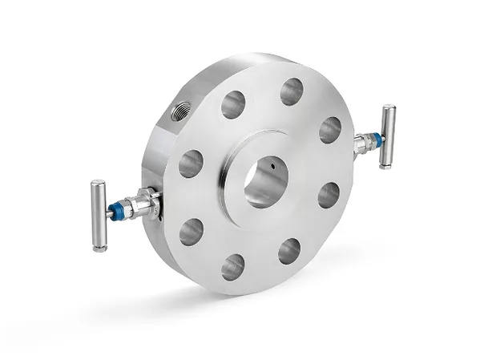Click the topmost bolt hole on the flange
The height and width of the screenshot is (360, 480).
point(292,91)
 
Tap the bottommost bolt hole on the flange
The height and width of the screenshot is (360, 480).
point(233,266)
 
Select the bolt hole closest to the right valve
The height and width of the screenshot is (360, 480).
point(330,130)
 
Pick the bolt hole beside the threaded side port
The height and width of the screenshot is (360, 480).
point(233,104)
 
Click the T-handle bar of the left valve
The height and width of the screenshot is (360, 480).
point(99,215)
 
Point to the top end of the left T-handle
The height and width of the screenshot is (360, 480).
point(98,184)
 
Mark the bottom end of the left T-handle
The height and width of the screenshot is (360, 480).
point(99,247)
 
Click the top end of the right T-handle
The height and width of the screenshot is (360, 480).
point(389,107)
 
